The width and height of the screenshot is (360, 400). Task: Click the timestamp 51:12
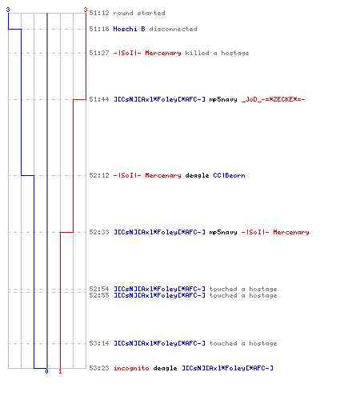pos(99,13)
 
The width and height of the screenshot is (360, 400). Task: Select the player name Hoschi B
pos(129,29)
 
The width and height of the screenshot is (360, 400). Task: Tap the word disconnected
pos(173,29)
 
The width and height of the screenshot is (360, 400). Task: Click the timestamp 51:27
pos(99,53)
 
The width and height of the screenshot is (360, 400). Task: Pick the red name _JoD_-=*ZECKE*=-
pos(274,99)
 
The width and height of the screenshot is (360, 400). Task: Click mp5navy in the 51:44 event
pos(223,100)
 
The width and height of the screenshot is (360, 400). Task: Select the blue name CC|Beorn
pos(229,175)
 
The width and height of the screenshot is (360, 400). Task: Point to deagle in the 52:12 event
pos(197,176)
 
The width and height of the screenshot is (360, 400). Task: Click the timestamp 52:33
pos(99,232)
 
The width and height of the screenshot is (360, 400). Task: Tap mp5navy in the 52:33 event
pos(223,233)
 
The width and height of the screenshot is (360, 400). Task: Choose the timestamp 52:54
pos(99,289)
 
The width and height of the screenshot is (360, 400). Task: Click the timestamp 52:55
pos(99,295)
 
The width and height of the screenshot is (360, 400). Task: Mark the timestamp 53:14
pos(99,343)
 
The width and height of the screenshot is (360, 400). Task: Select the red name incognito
pos(131,368)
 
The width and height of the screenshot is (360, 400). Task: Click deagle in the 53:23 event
pos(165,369)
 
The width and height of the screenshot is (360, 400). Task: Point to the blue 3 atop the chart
pos(8,10)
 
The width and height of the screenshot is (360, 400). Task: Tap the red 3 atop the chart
pos(86,10)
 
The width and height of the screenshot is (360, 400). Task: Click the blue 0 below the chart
pos(46,371)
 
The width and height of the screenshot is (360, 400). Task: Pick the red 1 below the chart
pos(60,371)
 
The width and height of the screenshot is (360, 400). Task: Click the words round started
pos(139,13)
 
